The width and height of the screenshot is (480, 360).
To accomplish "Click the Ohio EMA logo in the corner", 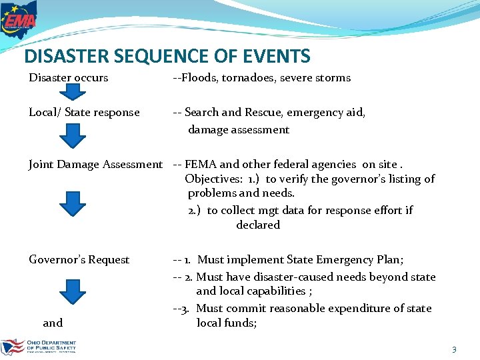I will tap(19, 20).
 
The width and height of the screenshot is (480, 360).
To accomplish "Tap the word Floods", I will tap(198, 78).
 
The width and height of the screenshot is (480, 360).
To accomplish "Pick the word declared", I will tap(258, 225).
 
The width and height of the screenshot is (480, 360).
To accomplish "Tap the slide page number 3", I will tap(454, 349).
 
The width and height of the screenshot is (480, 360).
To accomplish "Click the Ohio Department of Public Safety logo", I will tap(39, 347).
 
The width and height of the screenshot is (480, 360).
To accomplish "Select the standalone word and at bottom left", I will tap(53, 323).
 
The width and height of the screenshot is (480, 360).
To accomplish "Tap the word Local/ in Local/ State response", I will tap(45, 113).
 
